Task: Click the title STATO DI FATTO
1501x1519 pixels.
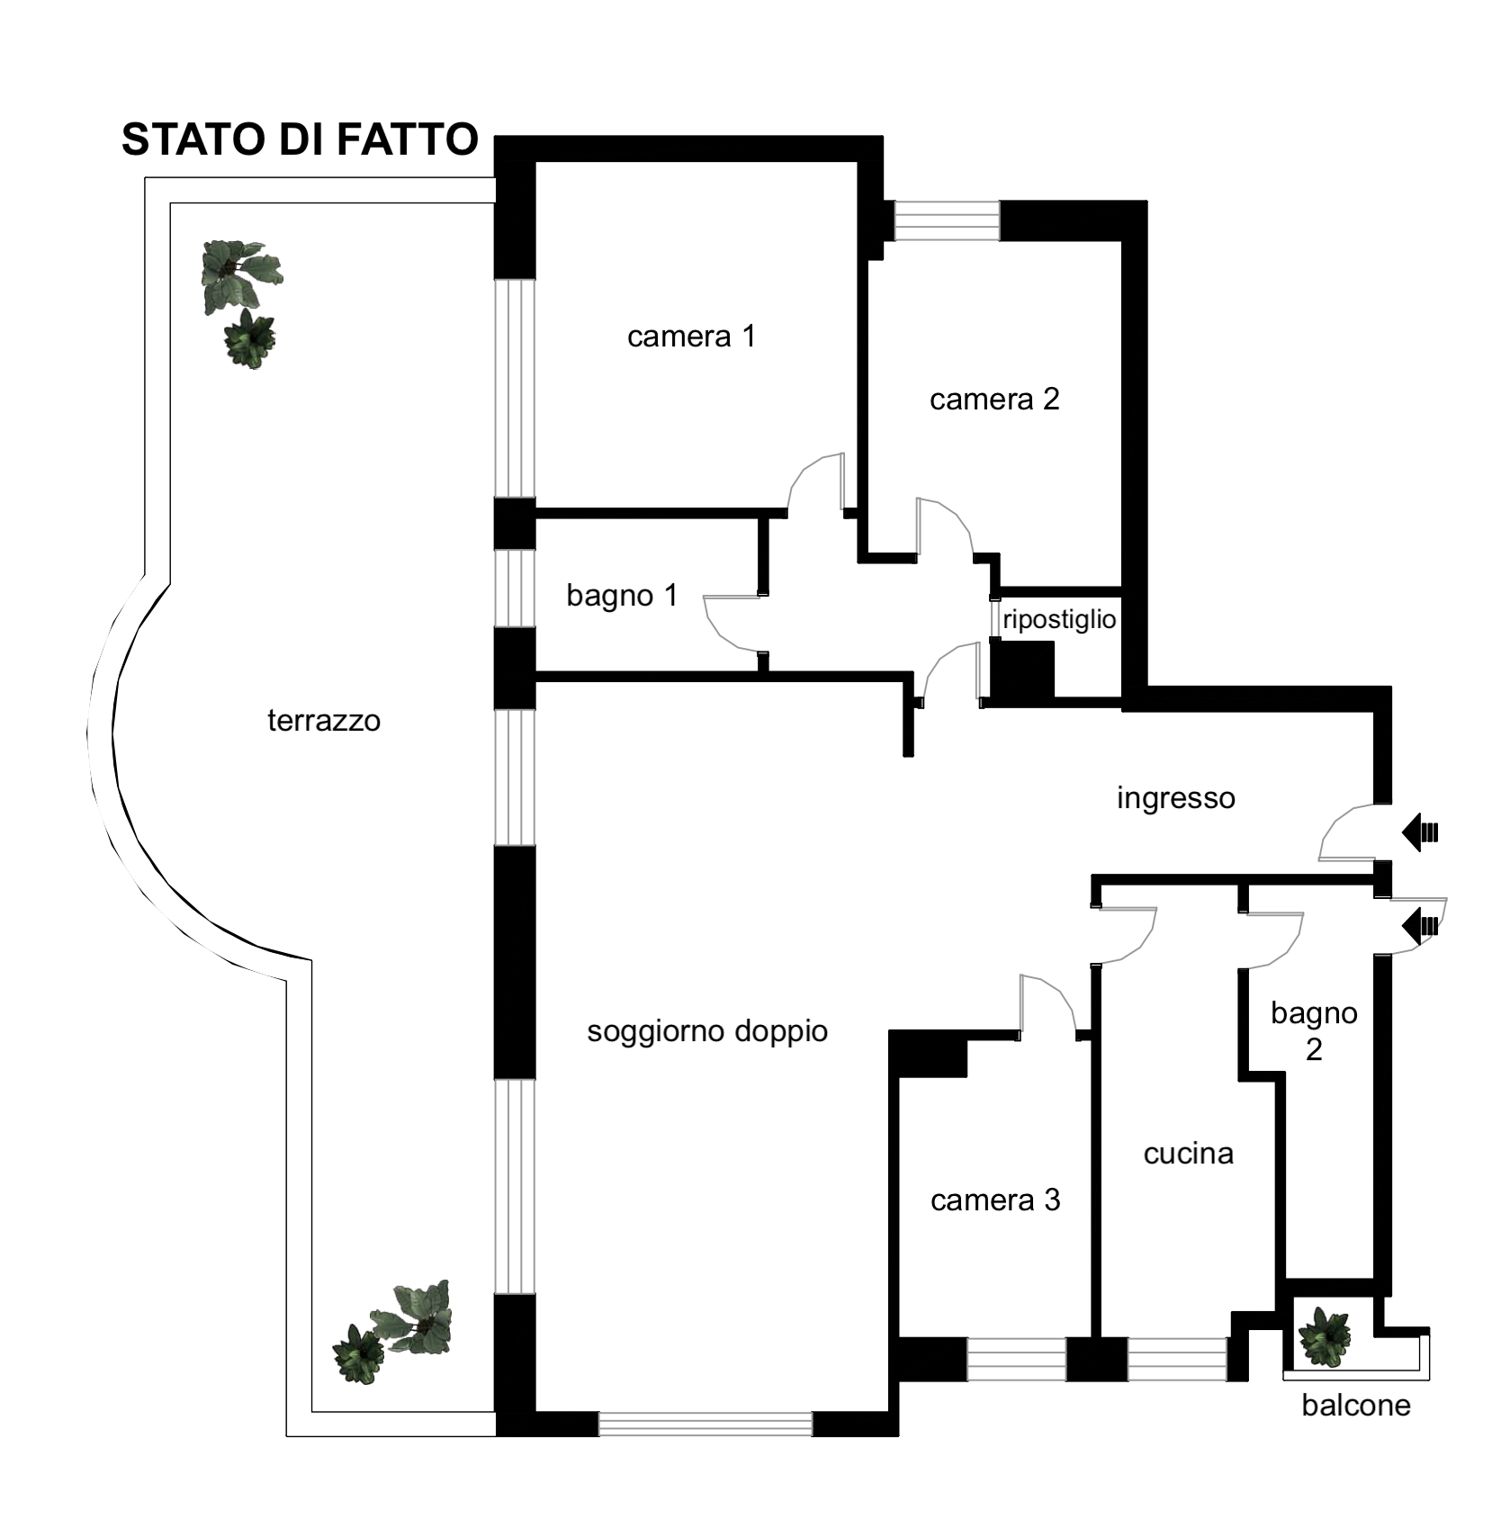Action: click(300, 139)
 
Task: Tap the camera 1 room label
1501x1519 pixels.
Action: click(691, 337)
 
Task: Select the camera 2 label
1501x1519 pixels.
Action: click(994, 399)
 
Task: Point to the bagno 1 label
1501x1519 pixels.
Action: click(622, 596)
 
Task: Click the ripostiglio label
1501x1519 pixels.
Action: click(1059, 619)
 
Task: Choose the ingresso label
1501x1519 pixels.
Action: click(1176, 798)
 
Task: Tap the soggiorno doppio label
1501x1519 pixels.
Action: click(707, 1031)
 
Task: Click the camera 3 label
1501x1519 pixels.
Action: click(995, 1200)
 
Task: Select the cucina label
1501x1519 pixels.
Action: click(1188, 1154)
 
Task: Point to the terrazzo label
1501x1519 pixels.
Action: click(324, 721)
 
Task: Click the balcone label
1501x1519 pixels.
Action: click(1356, 1406)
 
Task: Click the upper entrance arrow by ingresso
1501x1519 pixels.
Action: click(1420, 832)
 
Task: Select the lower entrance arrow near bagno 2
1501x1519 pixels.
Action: click(1420, 926)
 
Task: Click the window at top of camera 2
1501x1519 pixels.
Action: click(947, 220)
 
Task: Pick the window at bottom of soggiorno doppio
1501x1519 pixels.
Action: click(706, 1424)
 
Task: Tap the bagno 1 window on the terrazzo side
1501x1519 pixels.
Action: click(515, 589)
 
